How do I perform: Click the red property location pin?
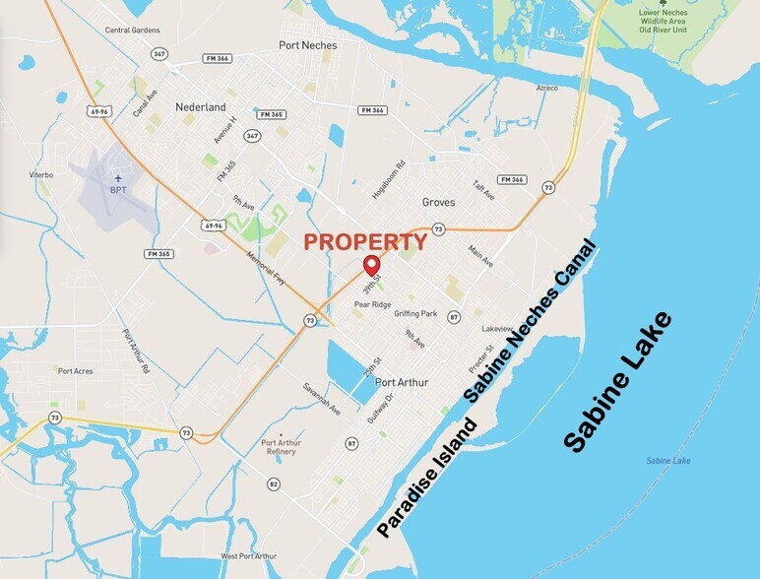click(372, 265)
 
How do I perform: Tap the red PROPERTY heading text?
click(364, 241)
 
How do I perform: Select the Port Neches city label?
click(307, 45)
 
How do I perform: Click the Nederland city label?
click(201, 106)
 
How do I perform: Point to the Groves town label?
click(439, 202)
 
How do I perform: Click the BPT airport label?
click(118, 190)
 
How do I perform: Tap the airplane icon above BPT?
click(118, 178)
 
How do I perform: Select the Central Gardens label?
click(133, 31)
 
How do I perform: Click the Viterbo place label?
click(41, 174)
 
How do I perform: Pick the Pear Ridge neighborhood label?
click(373, 304)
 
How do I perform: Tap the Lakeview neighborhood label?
click(498, 327)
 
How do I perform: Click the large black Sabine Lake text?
click(618, 382)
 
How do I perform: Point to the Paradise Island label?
click(428, 478)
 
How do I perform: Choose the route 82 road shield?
click(274, 483)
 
